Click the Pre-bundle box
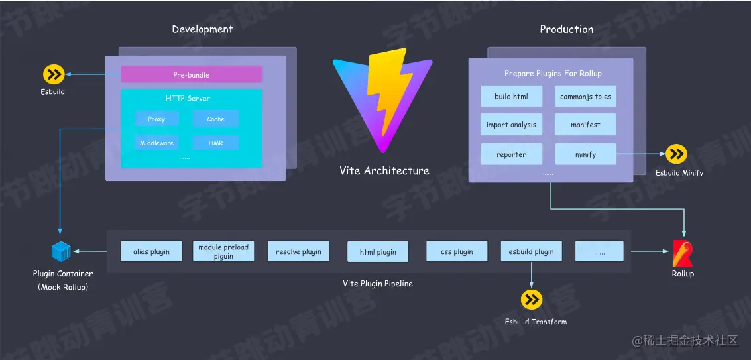(191, 74)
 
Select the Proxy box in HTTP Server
(156, 119)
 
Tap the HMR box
(215, 143)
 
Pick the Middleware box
(156, 143)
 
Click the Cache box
(215, 119)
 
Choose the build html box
(511, 97)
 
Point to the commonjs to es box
(585, 97)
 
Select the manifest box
(585, 125)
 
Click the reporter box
(511, 154)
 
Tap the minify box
(585, 154)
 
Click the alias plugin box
(151, 251)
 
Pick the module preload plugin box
(223, 251)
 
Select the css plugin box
(457, 251)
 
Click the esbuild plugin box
(531, 251)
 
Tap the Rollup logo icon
(683, 253)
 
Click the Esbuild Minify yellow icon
(677, 154)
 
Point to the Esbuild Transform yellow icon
(532, 300)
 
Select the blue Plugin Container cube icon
(62, 252)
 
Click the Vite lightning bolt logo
(382, 99)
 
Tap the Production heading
(566, 29)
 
